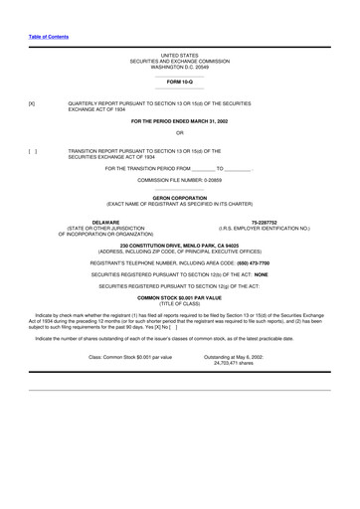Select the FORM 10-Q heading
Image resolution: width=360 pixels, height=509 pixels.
click(180, 81)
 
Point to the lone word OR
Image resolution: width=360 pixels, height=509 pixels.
click(179, 132)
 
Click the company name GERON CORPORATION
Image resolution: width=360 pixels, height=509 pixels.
click(180, 199)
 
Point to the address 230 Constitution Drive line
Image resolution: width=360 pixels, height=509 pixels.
click(180, 245)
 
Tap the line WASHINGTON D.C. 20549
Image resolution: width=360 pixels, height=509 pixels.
click(180, 67)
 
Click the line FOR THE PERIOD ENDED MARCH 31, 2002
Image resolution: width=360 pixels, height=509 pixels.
click(180, 119)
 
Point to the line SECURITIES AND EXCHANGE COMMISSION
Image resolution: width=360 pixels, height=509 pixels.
click(180, 61)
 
